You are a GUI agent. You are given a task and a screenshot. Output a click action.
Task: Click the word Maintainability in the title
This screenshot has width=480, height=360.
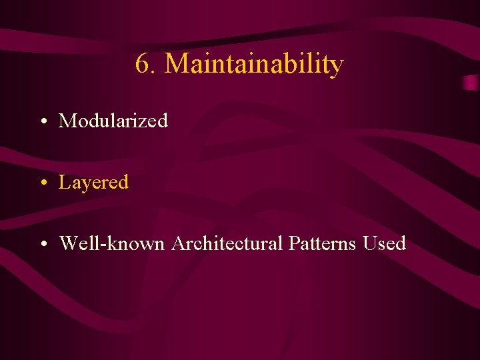click(x=254, y=65)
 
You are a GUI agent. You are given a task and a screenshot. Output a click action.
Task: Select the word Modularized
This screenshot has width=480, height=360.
click(x=113, y=121)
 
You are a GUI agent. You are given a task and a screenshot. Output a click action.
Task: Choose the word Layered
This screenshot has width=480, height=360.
click(x=93, y=183)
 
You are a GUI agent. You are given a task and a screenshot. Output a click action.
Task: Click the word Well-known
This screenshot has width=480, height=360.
click(x=112, y=243)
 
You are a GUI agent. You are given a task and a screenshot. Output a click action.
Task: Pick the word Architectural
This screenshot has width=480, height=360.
click(x=227, y=243)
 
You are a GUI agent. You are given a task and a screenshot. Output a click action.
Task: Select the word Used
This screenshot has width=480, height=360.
click(x=385, y=243)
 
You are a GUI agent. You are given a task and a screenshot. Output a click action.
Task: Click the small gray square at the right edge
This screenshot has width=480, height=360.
click(x=471, y=83)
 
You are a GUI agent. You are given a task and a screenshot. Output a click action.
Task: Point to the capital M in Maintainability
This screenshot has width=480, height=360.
click(x=177, y=64)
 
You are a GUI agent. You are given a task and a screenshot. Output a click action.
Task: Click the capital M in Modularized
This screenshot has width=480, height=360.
click(x=67, y=121)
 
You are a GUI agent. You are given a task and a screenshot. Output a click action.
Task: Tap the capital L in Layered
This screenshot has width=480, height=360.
click(x=64, y=182)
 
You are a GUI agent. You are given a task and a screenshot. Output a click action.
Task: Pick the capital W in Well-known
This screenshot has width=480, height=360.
click(x=69, y=243)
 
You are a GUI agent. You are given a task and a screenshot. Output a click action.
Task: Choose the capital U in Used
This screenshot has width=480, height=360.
click(x=369, y=243)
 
